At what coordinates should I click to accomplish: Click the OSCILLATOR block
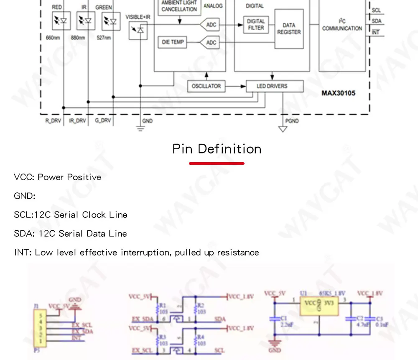point(206,86)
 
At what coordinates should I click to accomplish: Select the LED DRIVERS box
point(272,86)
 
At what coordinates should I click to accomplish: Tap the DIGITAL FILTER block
point(256,24)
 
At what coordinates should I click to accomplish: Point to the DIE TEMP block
point(172,42)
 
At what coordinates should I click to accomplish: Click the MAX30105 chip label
point(338,93)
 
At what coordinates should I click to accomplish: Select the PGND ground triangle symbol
point(283,129)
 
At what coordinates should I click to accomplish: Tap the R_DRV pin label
point(54,121)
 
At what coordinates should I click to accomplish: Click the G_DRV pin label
point(102,121)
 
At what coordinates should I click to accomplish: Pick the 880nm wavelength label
point(78,37)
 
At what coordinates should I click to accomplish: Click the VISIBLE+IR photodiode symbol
point(138,31)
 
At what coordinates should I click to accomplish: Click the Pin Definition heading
point(217,149)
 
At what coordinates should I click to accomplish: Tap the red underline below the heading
point(217,163)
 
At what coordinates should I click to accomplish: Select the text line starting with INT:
point(136,253)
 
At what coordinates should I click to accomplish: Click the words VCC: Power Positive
point(57,177)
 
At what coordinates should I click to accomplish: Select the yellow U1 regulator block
point(319,307)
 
